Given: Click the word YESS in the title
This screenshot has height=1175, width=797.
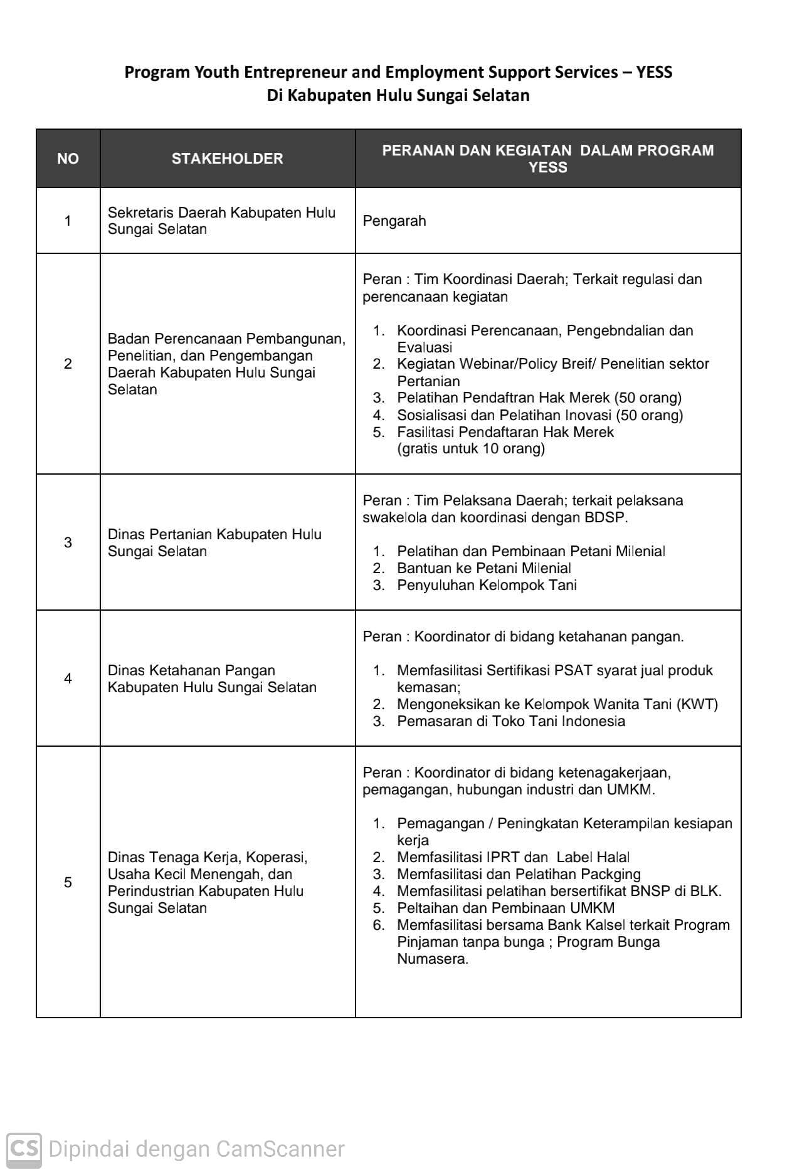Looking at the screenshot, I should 654,73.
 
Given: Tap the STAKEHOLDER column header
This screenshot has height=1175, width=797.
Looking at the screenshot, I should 227,159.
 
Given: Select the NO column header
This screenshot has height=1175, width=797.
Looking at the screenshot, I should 68,159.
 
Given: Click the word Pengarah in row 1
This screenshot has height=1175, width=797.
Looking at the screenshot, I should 394,221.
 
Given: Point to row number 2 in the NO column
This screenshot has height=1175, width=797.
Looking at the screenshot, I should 68,364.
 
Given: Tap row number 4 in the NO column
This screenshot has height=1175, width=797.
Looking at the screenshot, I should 68,678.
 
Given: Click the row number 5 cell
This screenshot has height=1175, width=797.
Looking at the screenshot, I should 68,882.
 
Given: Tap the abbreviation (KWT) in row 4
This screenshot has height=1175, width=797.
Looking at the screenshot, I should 697,704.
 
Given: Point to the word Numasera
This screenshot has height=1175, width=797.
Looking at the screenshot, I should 433,959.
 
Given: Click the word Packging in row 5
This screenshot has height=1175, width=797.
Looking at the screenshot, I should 611,874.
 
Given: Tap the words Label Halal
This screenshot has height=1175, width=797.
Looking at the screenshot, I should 593,857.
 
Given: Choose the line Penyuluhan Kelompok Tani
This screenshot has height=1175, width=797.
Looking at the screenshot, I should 487,586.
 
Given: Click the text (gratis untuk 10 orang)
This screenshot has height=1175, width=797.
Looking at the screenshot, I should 471,449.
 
